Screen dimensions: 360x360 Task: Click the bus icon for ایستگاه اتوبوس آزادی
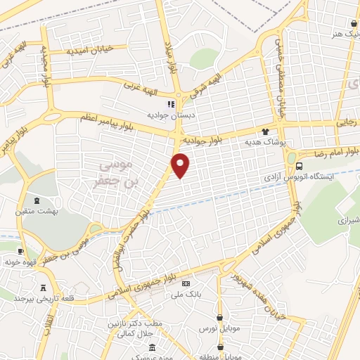pyautogui.click(x=300, y=167)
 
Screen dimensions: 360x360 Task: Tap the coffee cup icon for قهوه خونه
pyautogui.click(x=21, y=252)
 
